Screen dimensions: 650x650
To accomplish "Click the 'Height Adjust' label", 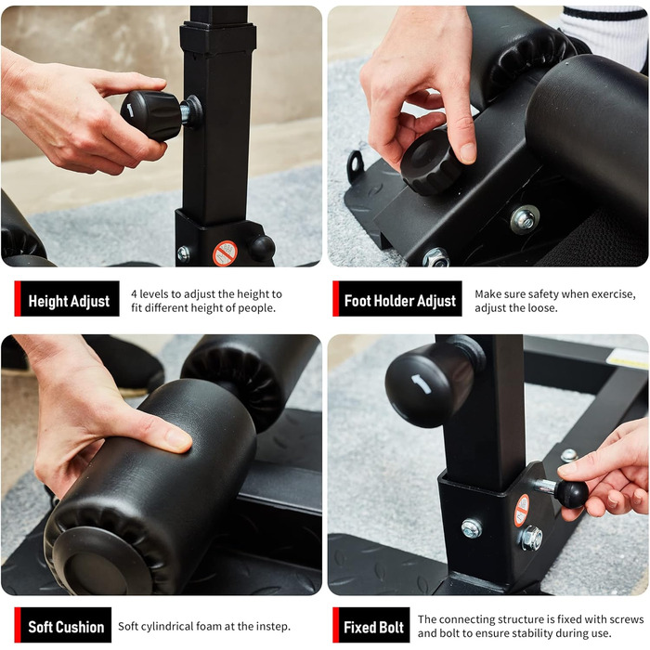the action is (69, 301).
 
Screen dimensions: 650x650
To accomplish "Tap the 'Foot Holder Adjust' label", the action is (399, 301).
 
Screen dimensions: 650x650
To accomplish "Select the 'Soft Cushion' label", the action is (66, 627).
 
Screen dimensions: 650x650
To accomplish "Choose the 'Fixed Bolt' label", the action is (373, 627).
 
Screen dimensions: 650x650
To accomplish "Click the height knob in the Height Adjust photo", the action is (151, 115).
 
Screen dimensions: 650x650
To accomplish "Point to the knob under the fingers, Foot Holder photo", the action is (430, 162).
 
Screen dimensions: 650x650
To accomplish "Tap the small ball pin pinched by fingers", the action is (571, 493).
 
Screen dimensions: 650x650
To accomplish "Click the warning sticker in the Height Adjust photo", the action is (225, 253).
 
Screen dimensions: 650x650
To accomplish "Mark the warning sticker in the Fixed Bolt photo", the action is (522, 511).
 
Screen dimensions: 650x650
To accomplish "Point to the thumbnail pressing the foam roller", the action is (178, 439).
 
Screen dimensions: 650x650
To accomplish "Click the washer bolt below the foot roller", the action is (525, 219).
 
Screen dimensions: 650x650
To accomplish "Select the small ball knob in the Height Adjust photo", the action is (262, 248).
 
